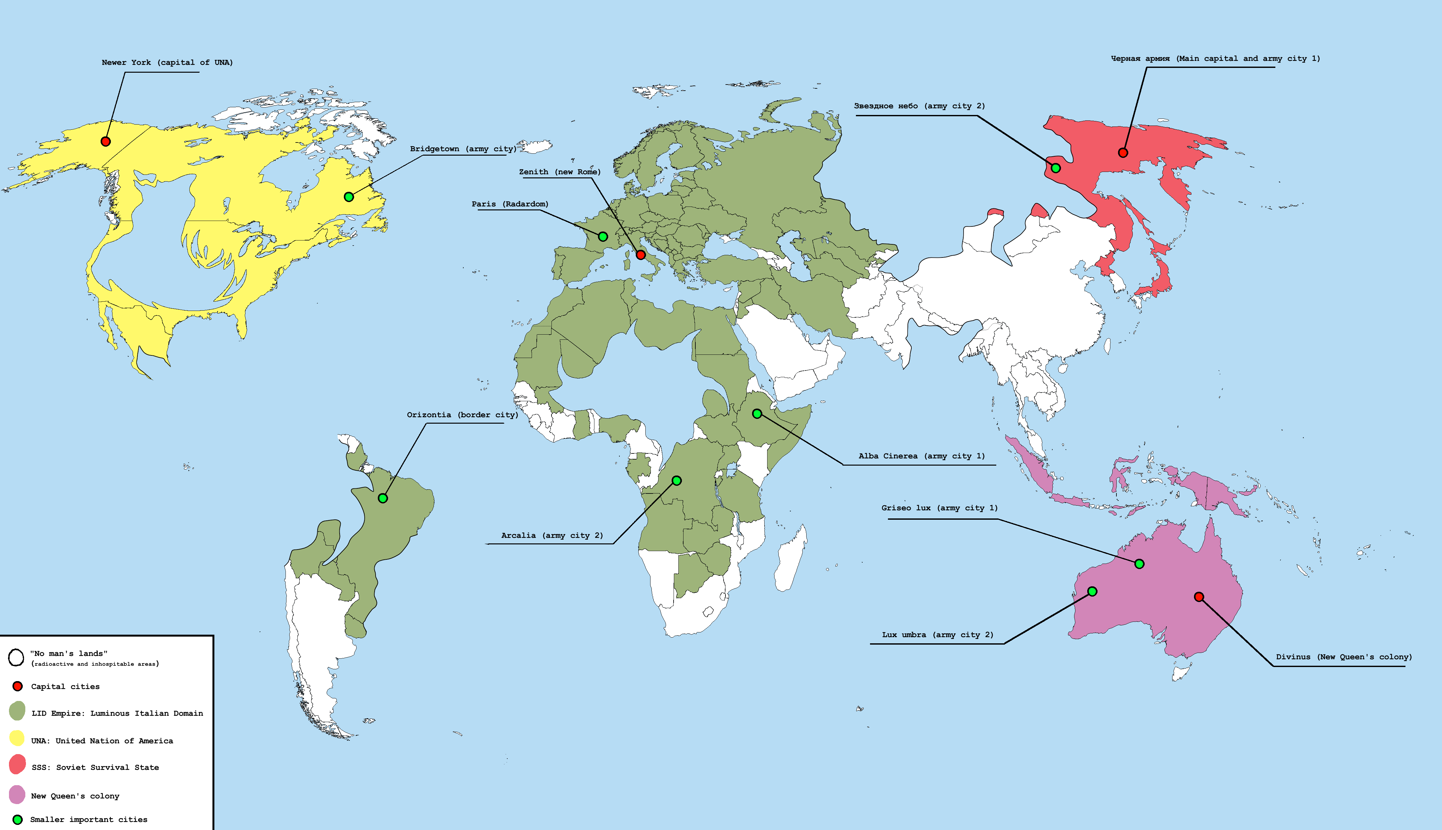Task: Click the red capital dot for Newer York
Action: pos(105,141)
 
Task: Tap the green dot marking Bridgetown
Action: pos(349,197)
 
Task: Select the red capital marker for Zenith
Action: pos(641,255)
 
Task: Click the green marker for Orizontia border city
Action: pos(383,498)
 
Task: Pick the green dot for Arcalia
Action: pos(676,481)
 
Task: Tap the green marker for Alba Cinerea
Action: pos(757,414)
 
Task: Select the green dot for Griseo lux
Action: pos(1139,564)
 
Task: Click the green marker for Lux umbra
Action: pos(1092,591)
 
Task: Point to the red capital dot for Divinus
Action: pos(1199,597)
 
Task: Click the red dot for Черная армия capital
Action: pos(1123,153)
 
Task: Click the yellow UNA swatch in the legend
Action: pos(17,738)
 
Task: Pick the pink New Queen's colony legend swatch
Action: pos(17,794)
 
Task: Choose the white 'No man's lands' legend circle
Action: pos(16,657)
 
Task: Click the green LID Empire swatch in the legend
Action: pos(17,711)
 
